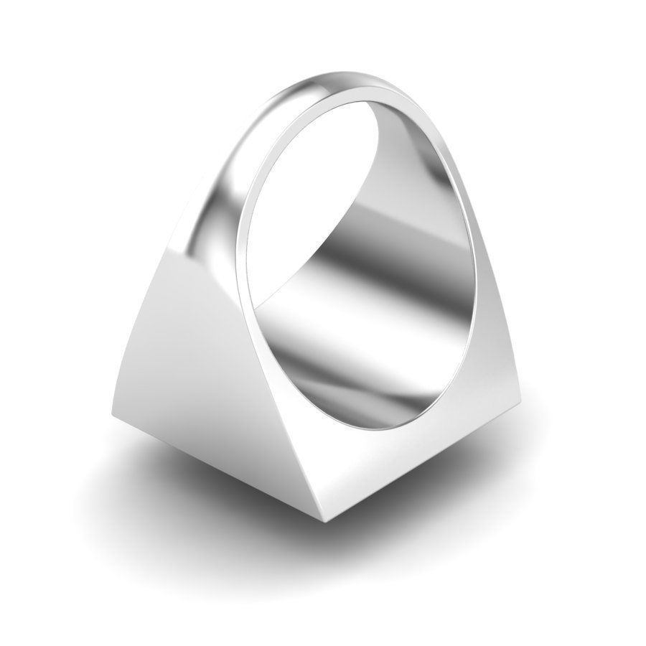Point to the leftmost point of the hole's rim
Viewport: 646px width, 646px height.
pyautogui.click(x=239, y=237)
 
